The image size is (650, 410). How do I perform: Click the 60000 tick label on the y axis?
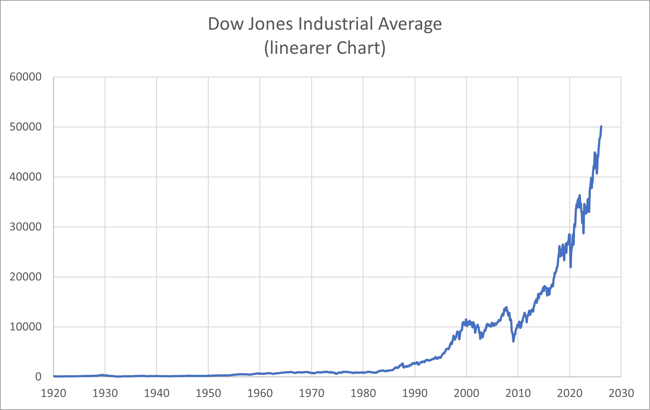pyautogui.click(x=25, y=77)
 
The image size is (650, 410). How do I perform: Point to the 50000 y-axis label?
pyautogui.click(x=25, y=127)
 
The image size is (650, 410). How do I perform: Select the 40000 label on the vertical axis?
pyautogui.click(x=25, y=177)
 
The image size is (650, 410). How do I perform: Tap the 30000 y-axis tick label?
pyautogui.click(x=25, y=227)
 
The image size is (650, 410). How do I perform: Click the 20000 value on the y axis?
pyautogui.click(x=25, y=277)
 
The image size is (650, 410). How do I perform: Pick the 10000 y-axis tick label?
pyautogui.click(x=25, y=327)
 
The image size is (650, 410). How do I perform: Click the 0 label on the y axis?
pyautogui.click(x=38, y=377)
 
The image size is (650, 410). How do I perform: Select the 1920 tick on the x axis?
pyautogui.click(x=54, y=393)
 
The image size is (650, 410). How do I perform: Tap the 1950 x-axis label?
pyautogui.click(x=208, y=393)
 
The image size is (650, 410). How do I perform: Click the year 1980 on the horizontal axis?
pyautogui.click(x=363, y=393)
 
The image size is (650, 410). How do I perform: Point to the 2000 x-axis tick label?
pyautogui.click(x=467, y=393)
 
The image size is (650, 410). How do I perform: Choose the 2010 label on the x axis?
pyautogui.click(x=518, y=393)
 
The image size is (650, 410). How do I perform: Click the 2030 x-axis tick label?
pyautogui.click(x=621, y=393)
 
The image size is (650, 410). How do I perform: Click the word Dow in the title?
pyautogui.click(x=226, y=24)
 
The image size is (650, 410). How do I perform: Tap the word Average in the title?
pyautogui.click(x=410, y=24)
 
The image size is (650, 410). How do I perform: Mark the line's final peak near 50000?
pyautogui.click(x=601, y=126)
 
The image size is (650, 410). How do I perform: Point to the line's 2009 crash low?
pyautogui.click(x=513, y=341)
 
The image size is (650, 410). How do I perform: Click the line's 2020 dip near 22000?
pyautogui.click(x=571, y=267)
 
